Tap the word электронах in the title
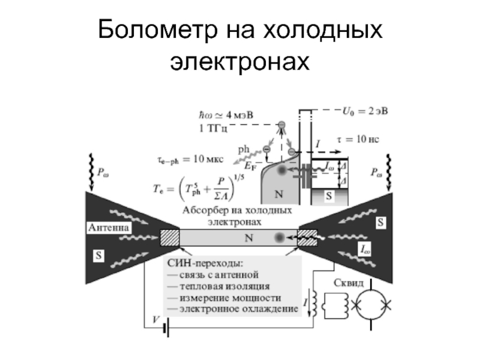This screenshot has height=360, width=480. tap(239, 61)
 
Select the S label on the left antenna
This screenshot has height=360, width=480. tap(98, 255)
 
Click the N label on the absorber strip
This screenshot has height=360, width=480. tap(248, 238)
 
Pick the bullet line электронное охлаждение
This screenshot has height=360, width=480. tap(232, 309)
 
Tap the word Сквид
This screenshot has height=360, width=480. tap(348, 283)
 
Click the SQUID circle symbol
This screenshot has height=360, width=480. tap(372, 305)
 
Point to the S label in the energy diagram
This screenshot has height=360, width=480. tap(328, 196)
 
